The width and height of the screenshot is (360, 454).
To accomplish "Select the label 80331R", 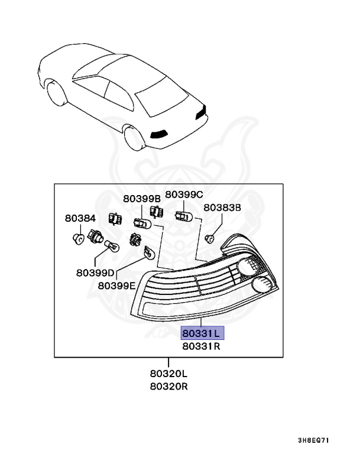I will click(x=201, y=347).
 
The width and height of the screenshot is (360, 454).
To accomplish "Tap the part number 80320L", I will click(x=168, y=374).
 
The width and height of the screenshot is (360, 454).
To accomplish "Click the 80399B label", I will click(x=142, y=198).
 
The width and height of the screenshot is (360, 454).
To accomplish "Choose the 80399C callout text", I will click(x=184, y=194).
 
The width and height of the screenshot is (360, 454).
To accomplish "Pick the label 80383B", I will click(x=222, y=207).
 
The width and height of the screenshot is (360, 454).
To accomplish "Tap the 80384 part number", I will click(x=80, y=219).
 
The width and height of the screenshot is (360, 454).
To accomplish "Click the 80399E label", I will click(x=116, y=285).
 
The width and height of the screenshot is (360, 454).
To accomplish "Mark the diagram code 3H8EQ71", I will click(x=313, y=440).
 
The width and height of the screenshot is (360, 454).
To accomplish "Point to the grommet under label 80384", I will click(x=77, y=239).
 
